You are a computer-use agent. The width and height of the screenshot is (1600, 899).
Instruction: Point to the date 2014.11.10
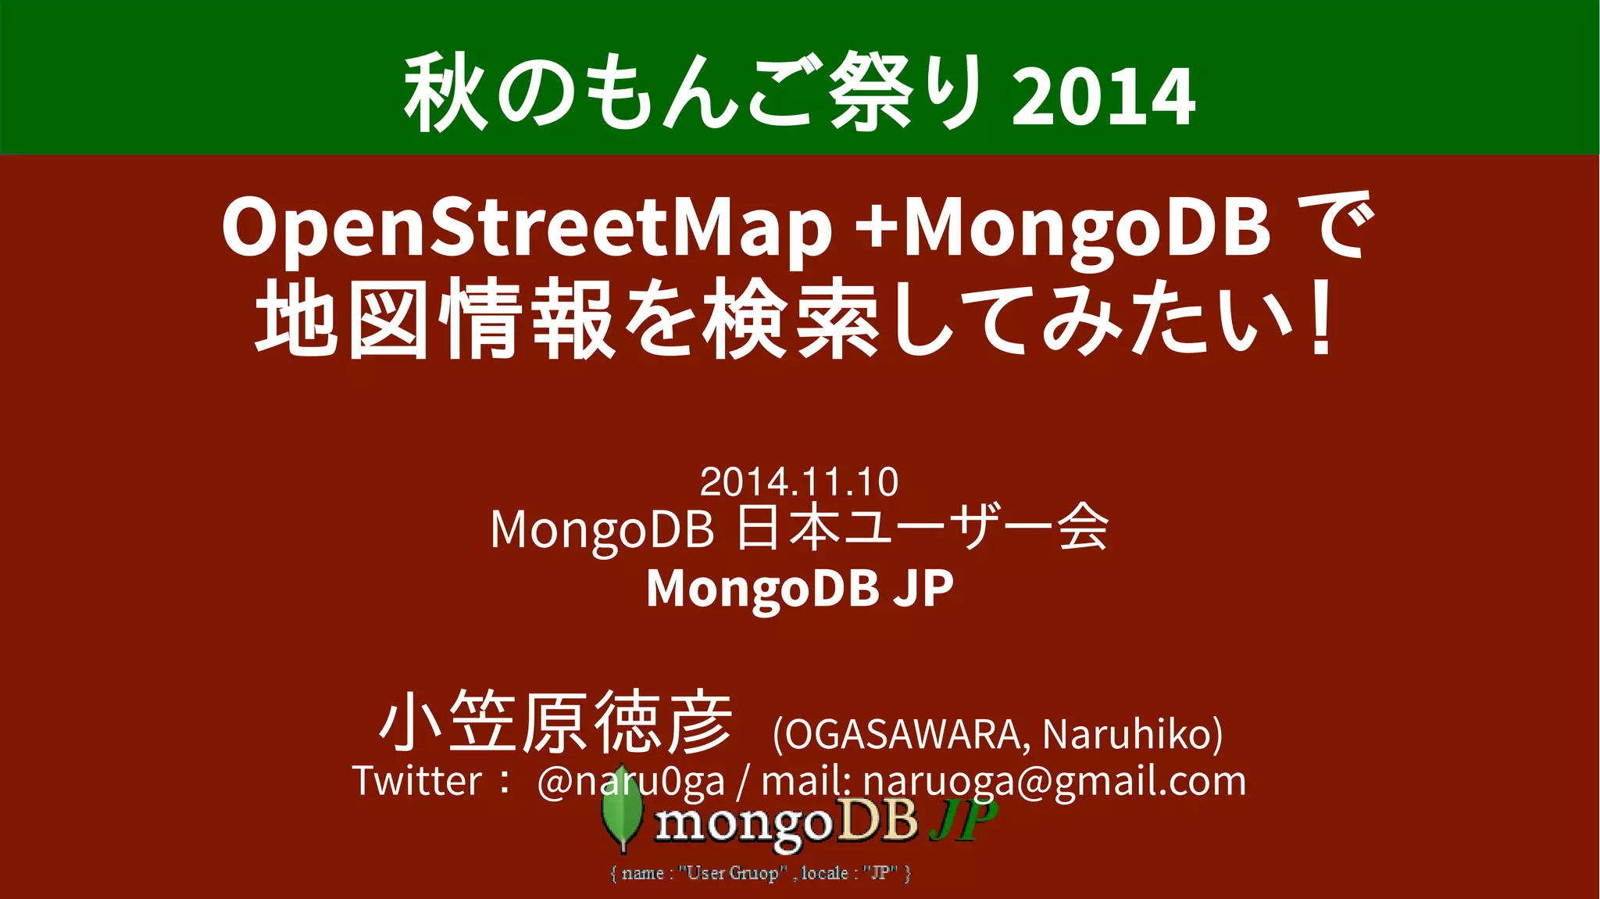click(798, 482)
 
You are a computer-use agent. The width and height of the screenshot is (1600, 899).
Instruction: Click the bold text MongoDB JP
click(799, 588)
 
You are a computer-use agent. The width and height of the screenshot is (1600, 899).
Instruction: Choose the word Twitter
click(417, 781)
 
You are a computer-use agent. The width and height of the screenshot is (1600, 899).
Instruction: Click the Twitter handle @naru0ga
click(631, 781)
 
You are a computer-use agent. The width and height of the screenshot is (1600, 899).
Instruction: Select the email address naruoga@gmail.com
click(1055, 781)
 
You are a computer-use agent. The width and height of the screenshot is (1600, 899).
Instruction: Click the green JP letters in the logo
click(963, 821)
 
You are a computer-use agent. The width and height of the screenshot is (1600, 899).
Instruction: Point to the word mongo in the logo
click(742, 825)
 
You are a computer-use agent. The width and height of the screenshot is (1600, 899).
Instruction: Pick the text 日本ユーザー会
click(922, 528)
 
